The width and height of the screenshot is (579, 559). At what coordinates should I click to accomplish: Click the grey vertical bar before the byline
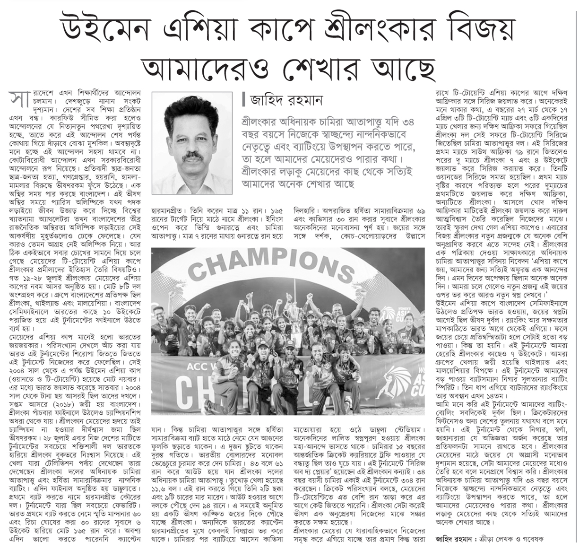click(243, 100)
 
